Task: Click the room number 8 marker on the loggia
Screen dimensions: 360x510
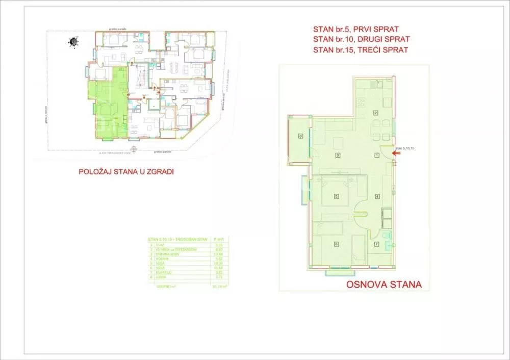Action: tap(301, 136)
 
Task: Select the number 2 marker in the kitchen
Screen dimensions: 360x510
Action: tap(375, 113)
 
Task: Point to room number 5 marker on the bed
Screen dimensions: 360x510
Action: tap(337, 196)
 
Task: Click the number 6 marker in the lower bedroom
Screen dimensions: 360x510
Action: tap(336, 244)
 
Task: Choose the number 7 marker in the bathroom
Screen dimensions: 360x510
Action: tap(376, 244)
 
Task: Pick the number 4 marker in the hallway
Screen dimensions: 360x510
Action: tap(377, 196)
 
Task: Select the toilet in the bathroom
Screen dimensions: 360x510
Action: tap(386, 236)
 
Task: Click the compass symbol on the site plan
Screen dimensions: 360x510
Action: tap(74, 42)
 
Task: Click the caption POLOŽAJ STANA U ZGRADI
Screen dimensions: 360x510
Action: tap(126, 172)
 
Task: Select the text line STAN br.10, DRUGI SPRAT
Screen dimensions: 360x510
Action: tap(362, 39)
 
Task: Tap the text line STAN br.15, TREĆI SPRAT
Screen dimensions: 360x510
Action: tap(361, 49)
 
